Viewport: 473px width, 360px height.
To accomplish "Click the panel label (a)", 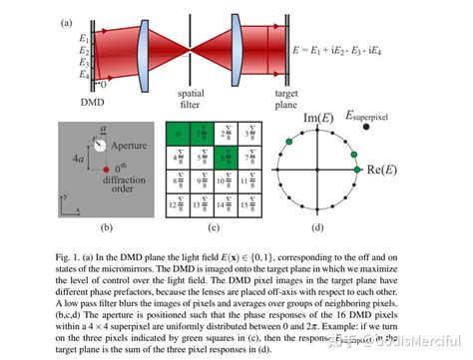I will [x=65, y=21].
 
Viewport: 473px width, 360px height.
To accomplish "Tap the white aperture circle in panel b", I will [x=99, y=145].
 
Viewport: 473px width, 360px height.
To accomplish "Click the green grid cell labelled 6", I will [x=226, y=155].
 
